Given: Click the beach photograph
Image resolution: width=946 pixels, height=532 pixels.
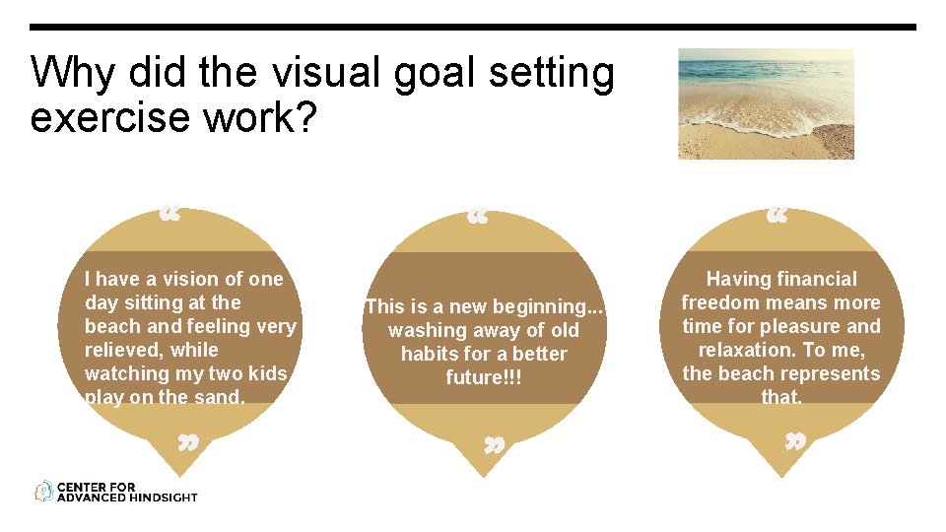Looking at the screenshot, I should tap(766, 103).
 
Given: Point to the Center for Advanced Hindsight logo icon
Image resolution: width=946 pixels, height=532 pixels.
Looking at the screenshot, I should tap(43, 491).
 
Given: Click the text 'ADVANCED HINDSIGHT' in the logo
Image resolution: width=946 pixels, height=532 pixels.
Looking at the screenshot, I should tap(127, 497).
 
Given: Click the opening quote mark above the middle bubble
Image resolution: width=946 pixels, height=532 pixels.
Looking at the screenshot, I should tap(478, 214).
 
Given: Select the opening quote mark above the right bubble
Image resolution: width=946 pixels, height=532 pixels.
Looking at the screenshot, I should tap(777, 214).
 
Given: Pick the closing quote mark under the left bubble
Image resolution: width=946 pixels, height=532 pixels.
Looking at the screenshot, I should tap(188, 442).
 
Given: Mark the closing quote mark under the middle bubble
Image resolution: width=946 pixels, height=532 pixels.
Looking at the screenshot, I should tap(495, 445).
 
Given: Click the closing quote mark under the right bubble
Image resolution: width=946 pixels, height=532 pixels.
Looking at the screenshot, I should tap(794, 440).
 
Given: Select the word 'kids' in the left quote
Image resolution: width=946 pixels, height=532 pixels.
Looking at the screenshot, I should tap(267, 373).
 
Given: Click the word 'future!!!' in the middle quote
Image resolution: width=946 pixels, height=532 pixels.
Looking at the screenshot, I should tap(483, 377).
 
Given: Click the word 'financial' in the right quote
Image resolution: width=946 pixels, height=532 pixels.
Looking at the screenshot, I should tap(809, 279).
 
